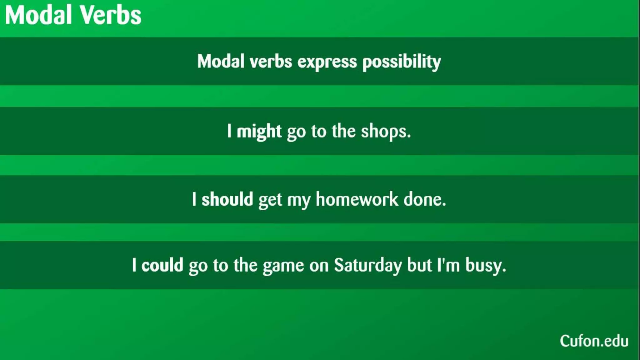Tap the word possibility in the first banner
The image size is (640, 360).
[402, 62]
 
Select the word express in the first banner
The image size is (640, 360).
[327, 62]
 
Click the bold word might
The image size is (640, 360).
[259, 131]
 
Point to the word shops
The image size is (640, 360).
[386, 131]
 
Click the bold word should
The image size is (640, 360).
[227, 199]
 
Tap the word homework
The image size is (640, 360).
[357, 199]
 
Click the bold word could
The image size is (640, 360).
[162, 265]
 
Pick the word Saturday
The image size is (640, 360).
[368, 265]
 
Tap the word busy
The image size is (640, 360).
[485, 265]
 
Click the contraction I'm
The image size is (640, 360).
[448, 265]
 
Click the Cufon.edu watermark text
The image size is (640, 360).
[594, 341]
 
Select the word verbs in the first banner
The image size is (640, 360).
[271, 62]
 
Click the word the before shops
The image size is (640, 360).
[343, 131]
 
